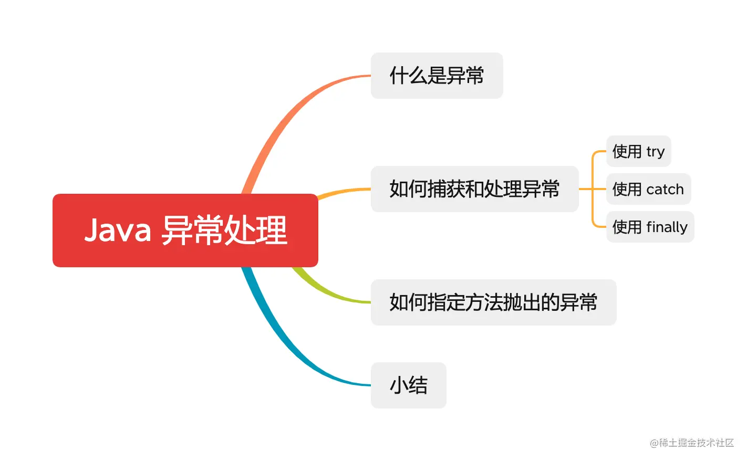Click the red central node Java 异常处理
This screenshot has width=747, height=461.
click(x=185, y=230)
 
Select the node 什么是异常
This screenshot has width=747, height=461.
click(x=437, y=76)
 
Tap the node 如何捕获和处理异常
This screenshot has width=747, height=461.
click(x=474, y=189)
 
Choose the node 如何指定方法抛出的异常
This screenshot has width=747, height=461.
click(x=493, y=302)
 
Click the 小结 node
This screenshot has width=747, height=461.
click(x=408, y=385)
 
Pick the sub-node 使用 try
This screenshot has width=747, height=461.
click(x=638, y=151)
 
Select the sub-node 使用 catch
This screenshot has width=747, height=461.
click(x=648, y=189)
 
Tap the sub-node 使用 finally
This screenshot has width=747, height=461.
click(x=650, y=227)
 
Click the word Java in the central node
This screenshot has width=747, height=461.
click(x=118, y=230)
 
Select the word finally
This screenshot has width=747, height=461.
click(x=667, y=227)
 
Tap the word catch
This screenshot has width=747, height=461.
click(x=665, y=189)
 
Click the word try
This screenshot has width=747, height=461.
click(x=656, y=152)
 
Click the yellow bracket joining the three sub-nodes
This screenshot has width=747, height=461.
click(x=593, y=189)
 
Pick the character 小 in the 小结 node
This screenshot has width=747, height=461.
click(x=398, y=385)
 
